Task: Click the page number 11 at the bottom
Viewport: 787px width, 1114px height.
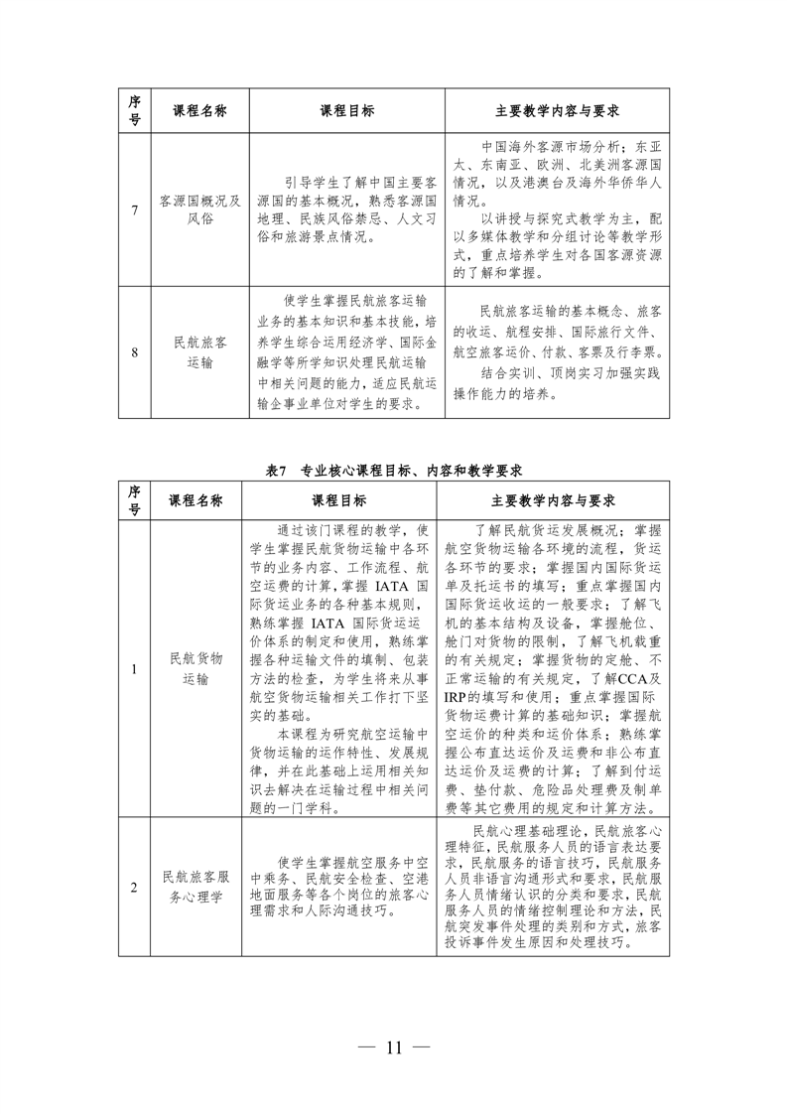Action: click(x=393, y=1047)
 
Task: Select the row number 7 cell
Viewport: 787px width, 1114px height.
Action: click(x=134, y=209)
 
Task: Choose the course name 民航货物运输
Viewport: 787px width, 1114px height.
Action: click(x=196, y=669)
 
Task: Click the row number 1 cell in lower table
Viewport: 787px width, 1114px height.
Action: click(x=134, y=669)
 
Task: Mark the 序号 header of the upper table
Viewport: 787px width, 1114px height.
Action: click(x=134, y=110)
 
